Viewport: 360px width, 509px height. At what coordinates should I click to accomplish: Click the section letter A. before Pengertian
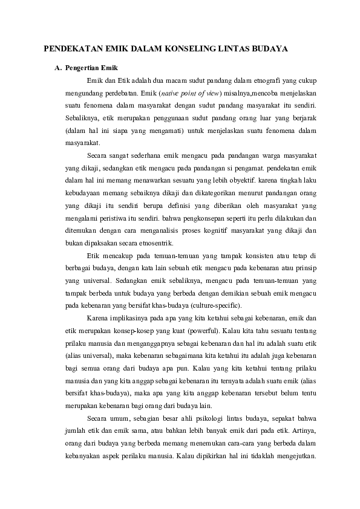tap(58, 68)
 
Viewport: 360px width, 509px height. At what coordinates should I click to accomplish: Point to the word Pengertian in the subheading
tap(82, 68)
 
